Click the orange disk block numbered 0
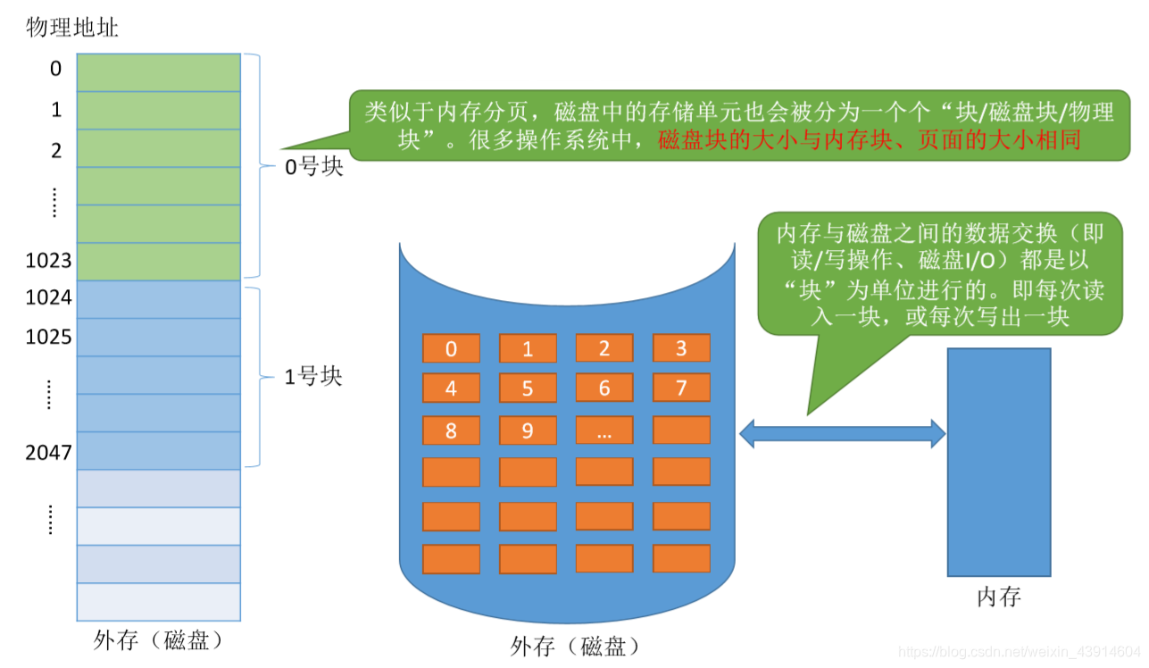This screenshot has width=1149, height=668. pyautogui.click(x=451, y=348)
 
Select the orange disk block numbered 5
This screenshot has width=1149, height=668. pyautogui.click(x=528, y=388)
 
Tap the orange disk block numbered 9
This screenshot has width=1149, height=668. pyautogui.click(x=528, y=431)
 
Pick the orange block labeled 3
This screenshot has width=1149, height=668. pyautogui.click(x=681, y=348)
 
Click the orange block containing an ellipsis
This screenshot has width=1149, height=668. pyautogui.click(x=604, y=431)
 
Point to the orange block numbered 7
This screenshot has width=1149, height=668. pyautogui.click(x=681, y=388)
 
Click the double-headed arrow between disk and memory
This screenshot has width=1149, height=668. pyautogui.click(x=842, y=434)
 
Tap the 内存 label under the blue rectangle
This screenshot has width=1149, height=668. pyautogui.click(x=998, y=597)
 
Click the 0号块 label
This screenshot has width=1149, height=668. pyautogui.click(x=313, y=167)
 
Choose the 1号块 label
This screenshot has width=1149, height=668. pyautogui.click(x=313, y=377)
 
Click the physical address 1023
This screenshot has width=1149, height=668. pyautogui.click(x=49, y=262)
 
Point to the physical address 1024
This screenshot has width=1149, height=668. pyautogui.click(x=49, y=297)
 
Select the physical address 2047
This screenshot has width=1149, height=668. pyautogui.click(x=49, y=452)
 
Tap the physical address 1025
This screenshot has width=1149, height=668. pyautogui.click(x=49, y=338)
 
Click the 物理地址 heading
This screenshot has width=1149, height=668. pyautogui.click(x=72, y=28)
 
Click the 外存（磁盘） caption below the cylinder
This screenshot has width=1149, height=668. pyautogui.click(x=576, y=646)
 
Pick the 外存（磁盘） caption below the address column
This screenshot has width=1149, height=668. pyautogui.click(x=158, y=640)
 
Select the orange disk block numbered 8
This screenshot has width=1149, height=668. pyautogui.click(x=451, y=431)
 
